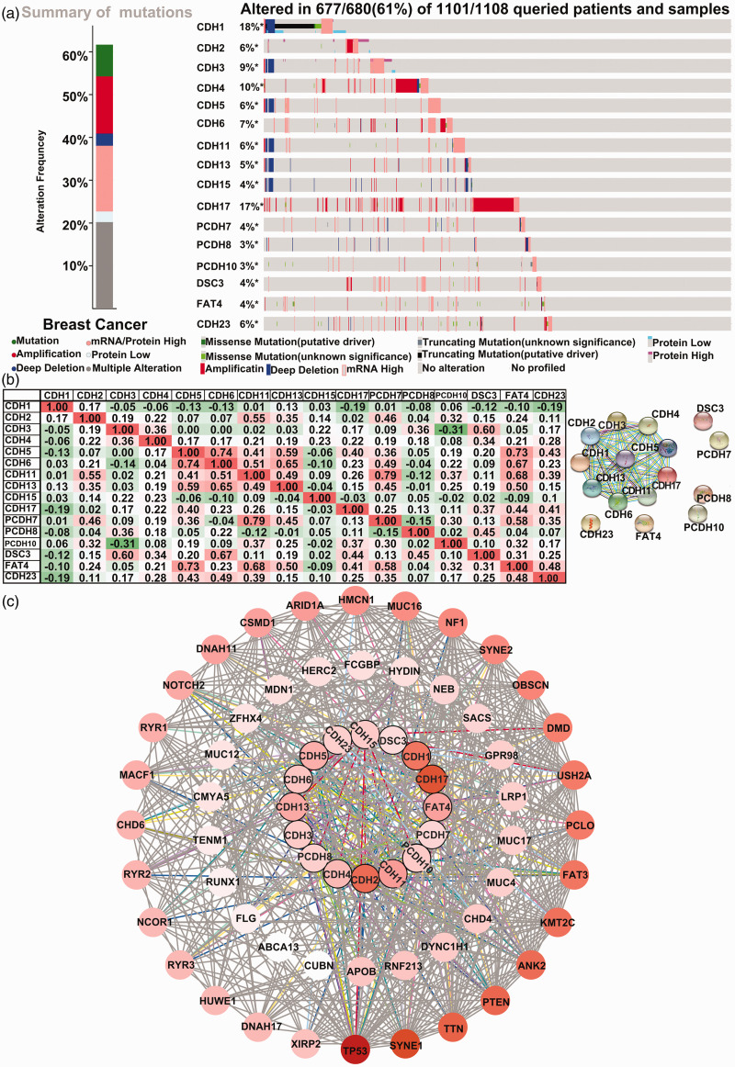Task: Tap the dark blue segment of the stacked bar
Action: (x=104, y=140)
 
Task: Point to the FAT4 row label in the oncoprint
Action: (x=209, y=302)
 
